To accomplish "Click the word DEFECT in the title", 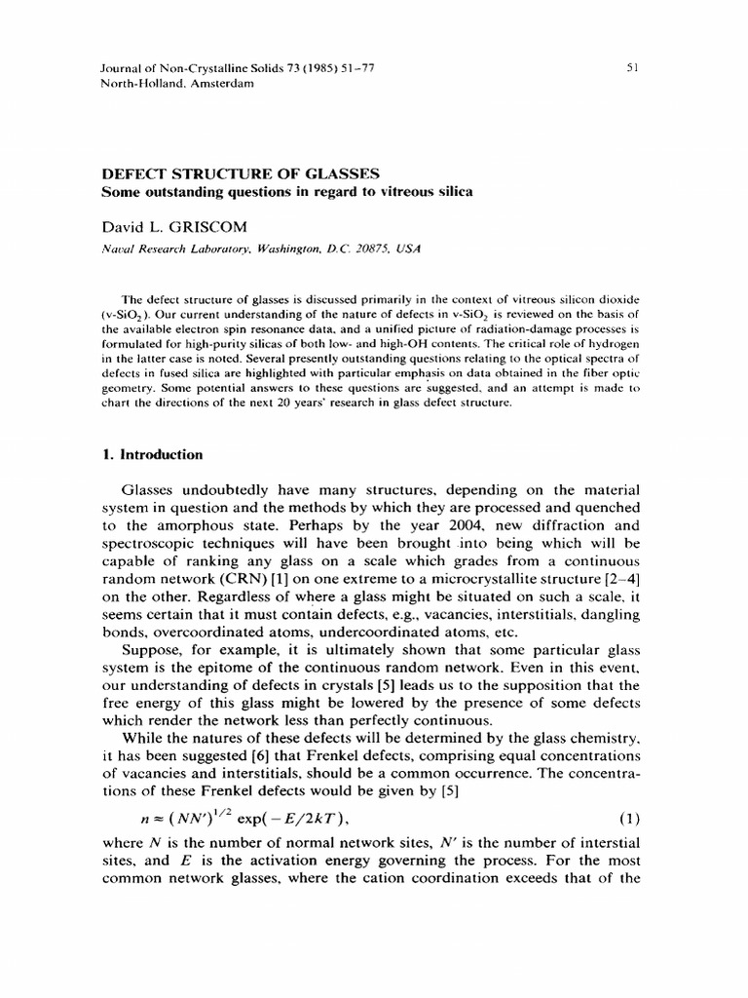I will tap(134, 173).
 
